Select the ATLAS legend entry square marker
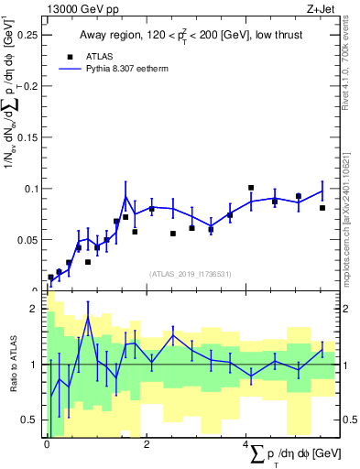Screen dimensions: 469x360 (x=70, y=56)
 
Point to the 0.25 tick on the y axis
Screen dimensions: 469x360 (x=31, y=35)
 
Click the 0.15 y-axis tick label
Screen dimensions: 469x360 (x=31, y=137)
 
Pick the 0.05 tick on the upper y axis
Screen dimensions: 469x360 (x=31, y=240)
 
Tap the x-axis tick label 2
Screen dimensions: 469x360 (x=147, y=444)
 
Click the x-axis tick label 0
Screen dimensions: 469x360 (x=48, y=444)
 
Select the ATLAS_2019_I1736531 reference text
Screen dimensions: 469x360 (x=192, y=274)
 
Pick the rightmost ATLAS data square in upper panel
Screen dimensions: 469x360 (x=322, y=208)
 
